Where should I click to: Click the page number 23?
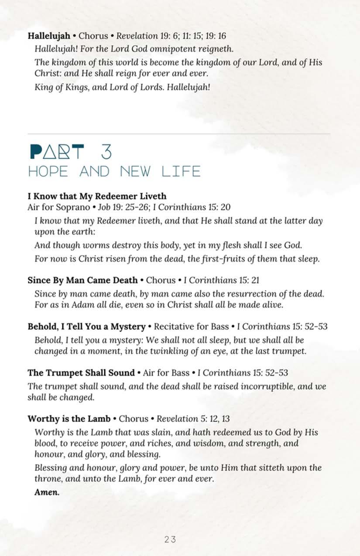[x=170, y=539]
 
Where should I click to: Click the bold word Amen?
[x=47, y=493]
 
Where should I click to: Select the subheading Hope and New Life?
[x=114, y=172]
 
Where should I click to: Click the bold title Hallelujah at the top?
[x=49, y=36]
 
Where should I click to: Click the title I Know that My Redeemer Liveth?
[x=97, y=196]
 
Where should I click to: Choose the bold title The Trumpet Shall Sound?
[x=81, y=373]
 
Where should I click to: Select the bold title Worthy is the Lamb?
[x=68, y=419]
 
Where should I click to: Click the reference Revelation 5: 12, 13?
[x=193, y=419]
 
